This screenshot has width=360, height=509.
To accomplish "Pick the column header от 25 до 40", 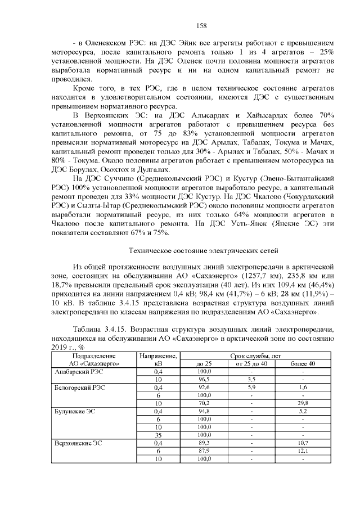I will [251, 364].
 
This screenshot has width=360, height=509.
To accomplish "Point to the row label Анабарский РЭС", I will [78, 372].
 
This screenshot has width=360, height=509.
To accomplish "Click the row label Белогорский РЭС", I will [79, 388].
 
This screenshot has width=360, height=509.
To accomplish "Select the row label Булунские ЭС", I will [75, 411].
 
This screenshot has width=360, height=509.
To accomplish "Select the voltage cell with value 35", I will [158, 435].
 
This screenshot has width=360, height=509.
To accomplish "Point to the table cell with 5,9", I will [251, 388].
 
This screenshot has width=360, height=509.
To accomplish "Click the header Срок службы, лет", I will [251, 356].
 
